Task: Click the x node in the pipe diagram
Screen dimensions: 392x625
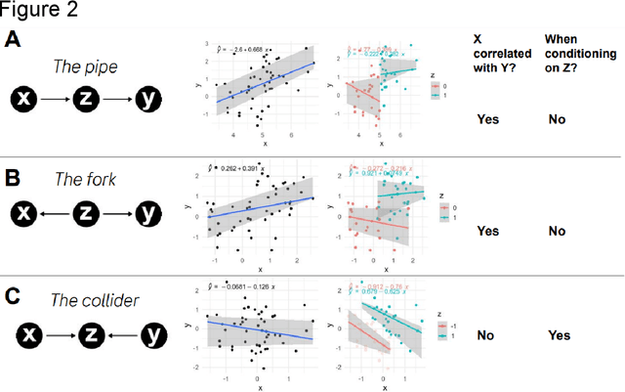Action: point(26,100)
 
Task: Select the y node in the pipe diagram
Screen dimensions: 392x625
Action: point(146,100)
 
